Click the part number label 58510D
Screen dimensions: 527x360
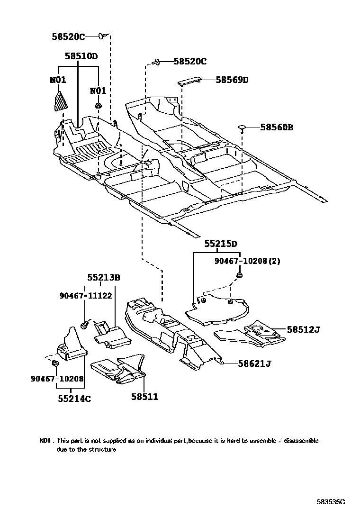click(81, 56)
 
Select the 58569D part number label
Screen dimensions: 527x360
click(232, 80)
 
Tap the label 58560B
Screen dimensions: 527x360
click(277, 127)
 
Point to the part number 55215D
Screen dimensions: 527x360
click(221, 244)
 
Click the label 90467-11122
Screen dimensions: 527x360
click(86, 295)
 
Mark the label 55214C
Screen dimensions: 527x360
click(74, 399)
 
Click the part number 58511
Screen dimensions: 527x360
click(145, 396)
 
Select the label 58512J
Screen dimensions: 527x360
click(304, 329)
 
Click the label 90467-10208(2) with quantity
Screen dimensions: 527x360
click(246, 261)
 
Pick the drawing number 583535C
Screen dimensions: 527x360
click(331, 500)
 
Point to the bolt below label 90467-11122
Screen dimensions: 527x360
click(84, 325)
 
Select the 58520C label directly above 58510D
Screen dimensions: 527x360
click(69, 36)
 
